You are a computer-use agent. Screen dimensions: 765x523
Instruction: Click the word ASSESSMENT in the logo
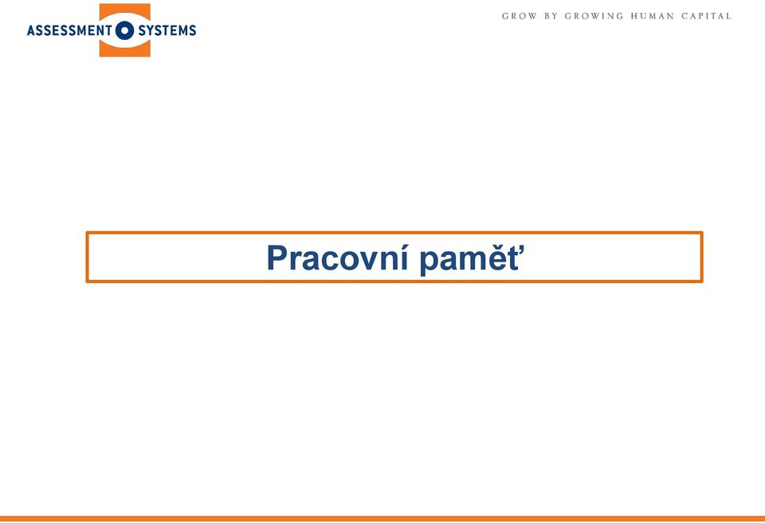[x=69, y=31]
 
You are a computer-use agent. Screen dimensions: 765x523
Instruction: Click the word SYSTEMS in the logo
[x=167, y=31]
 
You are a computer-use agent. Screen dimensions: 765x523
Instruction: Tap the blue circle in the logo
[x=125, y=30]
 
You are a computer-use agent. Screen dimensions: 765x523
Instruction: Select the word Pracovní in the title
[x=337, y=258]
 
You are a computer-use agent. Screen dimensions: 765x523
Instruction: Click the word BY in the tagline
[x=551, y=16]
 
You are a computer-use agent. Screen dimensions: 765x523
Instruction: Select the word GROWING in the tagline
[x=594, y=16]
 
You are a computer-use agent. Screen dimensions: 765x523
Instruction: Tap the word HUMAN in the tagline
[x=653, y=16]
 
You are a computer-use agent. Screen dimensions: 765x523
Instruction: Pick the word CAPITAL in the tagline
[x=707, y=16]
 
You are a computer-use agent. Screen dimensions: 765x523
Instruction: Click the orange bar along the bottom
[x=382, y=518]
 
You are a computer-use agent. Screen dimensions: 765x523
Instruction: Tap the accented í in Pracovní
[x=403, y=258]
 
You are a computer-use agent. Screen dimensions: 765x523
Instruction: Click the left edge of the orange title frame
[x=88, y=257]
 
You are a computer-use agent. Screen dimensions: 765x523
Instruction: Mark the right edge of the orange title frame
[x=701, y=257]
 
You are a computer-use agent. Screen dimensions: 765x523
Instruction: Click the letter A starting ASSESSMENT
[x=31, y=31]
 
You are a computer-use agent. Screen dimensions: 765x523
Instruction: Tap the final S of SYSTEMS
[x=192, y=31]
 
